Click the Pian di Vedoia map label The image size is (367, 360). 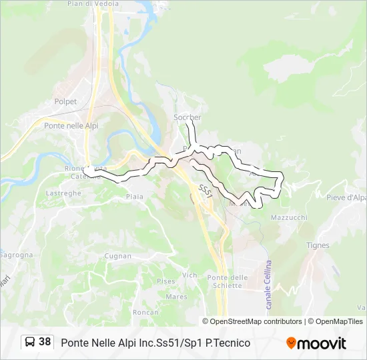[x=93, y=4]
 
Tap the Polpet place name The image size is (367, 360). [x=65, y=102]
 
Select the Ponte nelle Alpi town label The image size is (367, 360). [x=71, y=125]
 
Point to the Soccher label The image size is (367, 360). [x=187, y=117]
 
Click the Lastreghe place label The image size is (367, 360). [x=63, y=193]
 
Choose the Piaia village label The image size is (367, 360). [x=134, y=197]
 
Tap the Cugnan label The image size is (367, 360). [x=117, y=256]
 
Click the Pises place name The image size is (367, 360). [x=166, y=281]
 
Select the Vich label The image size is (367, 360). [x=190, y=275]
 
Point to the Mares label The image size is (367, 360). [x=176, y=297]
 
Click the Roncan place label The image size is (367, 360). [x=145, y=312]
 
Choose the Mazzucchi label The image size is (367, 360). [x=289, y=218]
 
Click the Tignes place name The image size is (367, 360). [x=318, y=245]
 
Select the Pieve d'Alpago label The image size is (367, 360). [x=346, y=197]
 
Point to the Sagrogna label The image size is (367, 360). [x=15, y=255]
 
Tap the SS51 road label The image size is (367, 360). [x=206, y=191]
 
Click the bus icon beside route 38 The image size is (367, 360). [x=30, y=342]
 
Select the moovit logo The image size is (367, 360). [x=316, y=343]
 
